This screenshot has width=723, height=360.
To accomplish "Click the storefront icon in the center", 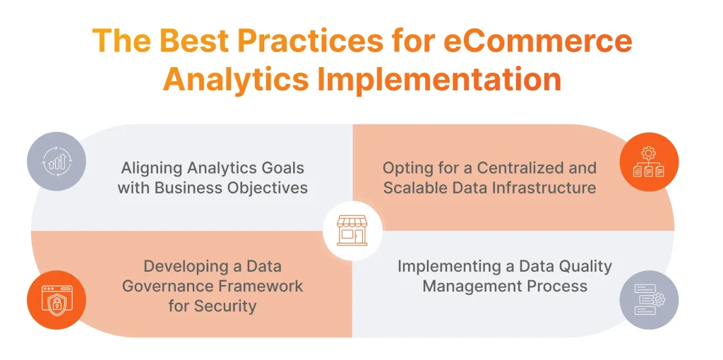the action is tap(352, 231).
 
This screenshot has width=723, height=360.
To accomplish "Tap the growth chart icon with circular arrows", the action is tap(57, 162).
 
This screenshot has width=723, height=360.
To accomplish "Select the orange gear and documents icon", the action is tap(649, 162).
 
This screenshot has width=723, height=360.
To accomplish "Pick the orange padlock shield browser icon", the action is tap(57, 299).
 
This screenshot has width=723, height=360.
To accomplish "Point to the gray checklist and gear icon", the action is tap(650, 299).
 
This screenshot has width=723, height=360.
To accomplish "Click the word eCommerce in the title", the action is tap(538, 40).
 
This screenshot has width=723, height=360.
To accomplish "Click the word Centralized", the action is tap(520, 168).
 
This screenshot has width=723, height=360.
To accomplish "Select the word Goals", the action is tap(282, 168).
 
